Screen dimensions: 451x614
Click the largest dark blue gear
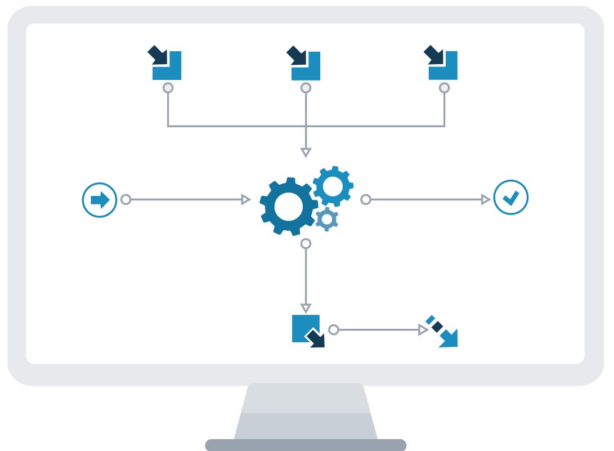(x=288, y=207)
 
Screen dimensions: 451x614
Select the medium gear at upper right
(x=333, y=186)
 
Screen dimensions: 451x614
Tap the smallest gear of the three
(x=326, y=218)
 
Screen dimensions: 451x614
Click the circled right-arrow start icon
(x=100, y=200)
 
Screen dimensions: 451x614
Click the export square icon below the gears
(x=307, y=331)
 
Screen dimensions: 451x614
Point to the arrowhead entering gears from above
(x=306, y=152)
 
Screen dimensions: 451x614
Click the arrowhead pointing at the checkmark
(x=486, y=199)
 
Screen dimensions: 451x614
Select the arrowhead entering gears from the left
(x=246, y=199)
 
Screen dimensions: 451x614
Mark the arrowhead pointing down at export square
(x=306, y=308)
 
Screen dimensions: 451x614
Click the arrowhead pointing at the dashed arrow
(x=424, y=330)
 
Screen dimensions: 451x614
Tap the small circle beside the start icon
(x=126, y=199)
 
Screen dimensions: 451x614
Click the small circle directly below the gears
(x=306, y=244)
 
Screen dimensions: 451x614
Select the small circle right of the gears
(x=366, y=199)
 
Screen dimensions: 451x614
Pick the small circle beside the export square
(x=334, y=330)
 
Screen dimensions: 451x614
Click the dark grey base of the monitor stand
(x=306, y=445)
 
